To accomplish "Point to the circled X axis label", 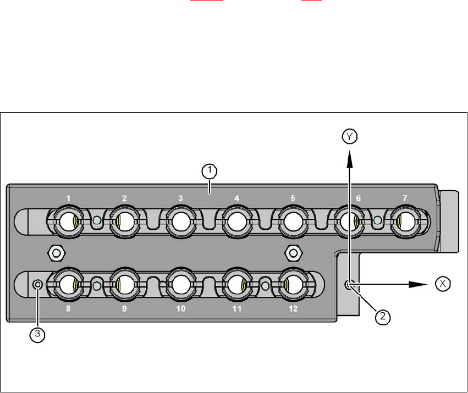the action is [442, 284].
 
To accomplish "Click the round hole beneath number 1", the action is [68, 222].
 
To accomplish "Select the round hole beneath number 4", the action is [236, 222].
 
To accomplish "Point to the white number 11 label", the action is [236, 309].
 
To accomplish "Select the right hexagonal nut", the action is [294, 253].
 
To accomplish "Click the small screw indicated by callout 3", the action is [37, 284].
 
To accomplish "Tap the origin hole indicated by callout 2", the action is [348, 284].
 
